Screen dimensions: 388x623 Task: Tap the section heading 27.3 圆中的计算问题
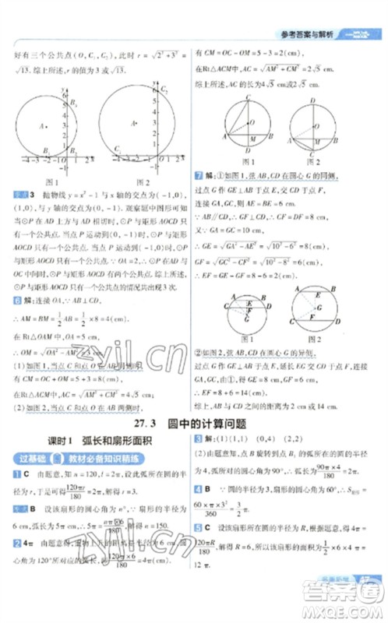193,424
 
